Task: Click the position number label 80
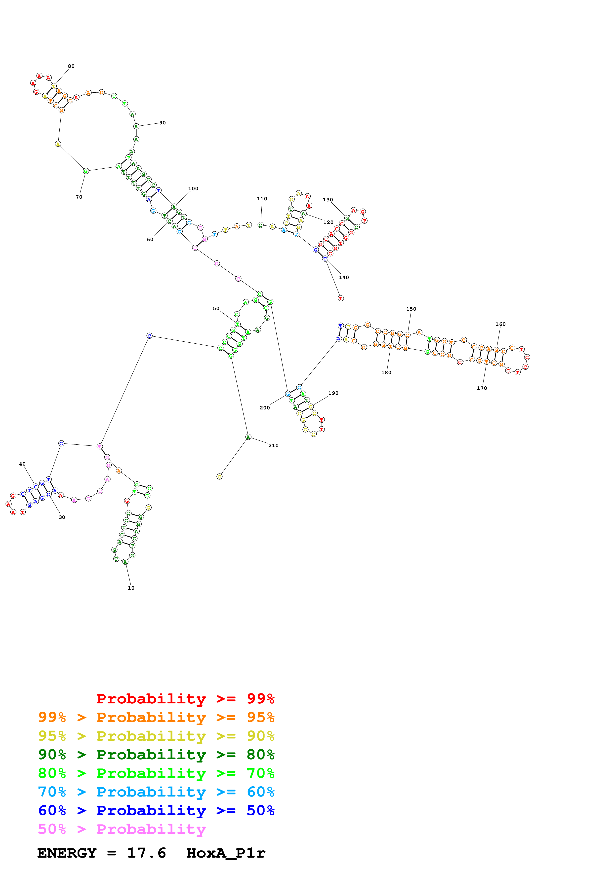[71, 66]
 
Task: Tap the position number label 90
[163, 123]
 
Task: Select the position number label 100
[193, 188]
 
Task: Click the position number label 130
[328, 200]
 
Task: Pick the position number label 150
[411, 309]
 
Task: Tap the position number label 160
[501, 324]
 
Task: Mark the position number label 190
[333, 393]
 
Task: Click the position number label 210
[273, 446]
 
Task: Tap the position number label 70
[79, 197]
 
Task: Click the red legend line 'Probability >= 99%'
[185, 699]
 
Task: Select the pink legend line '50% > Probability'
[122, 829]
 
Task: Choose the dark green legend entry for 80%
[156, 755]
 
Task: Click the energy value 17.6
[147, 853]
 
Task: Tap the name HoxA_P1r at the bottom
[226, 853]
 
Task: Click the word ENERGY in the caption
[67, 853]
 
